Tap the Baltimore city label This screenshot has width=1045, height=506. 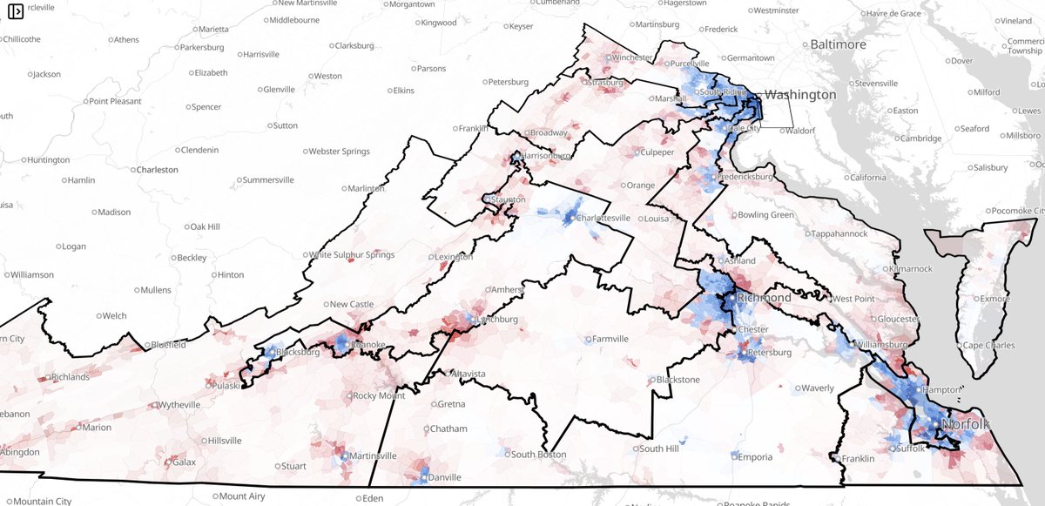[838, 44]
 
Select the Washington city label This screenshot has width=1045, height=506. [799, 94]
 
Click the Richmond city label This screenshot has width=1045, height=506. [764, 298]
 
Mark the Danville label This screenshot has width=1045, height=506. [443, 477]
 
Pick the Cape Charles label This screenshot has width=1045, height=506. [990, 345]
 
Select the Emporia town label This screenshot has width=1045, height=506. [755, 457]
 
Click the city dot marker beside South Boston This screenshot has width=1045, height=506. [506, 455]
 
